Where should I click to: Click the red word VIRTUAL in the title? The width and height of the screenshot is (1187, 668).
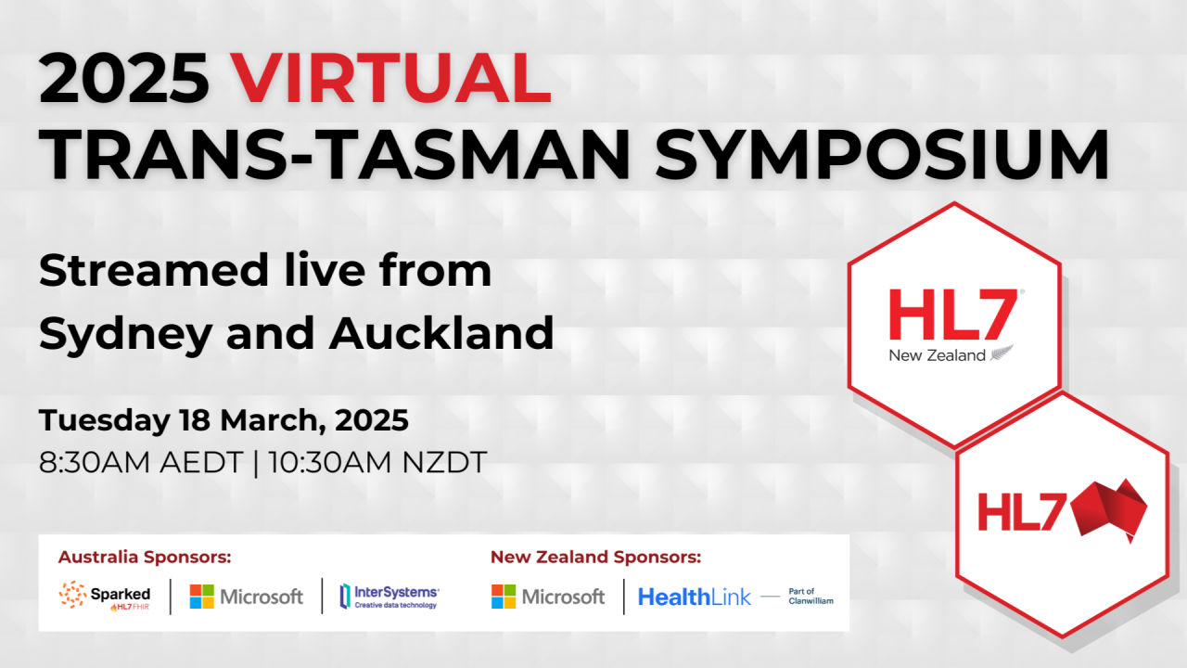click(x=391, y=78)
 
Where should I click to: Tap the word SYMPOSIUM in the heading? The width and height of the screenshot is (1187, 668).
click(x=882, y=154)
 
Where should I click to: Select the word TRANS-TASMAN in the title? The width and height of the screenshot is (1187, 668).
click(x=334, y=154)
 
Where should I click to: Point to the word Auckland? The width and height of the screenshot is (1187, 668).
click(x=441, y=332)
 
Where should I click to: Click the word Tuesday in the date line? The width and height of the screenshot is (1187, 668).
click(x=105, y=420)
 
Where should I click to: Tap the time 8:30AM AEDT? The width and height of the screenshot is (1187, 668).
click(x=141, y=462)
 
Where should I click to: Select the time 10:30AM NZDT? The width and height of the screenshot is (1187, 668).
click(x=377, y=462)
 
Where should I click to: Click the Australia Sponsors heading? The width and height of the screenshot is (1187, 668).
click(x=145, y=558)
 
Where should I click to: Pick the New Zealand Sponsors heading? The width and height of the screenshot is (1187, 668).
click(x=595, y=558)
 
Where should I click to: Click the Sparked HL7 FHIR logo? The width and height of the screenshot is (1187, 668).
click(x=105, y=596)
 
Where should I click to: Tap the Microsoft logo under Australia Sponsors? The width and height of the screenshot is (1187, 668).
click(x=247, y=597)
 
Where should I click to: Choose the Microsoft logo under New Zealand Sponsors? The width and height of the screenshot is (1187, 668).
click(x=548, y=597)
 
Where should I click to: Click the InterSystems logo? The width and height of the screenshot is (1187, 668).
click(x=389, y=597)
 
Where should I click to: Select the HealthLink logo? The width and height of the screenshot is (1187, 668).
click(x=695, y=597)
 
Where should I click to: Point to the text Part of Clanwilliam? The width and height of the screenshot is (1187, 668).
click(x=810, y=596)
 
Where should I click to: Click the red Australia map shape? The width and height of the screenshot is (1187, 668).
click(x=1108, y=510)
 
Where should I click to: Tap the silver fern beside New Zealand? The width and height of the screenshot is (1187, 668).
click(x=1002, y=353)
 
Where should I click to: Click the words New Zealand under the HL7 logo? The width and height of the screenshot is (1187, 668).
click(x=937, y=355)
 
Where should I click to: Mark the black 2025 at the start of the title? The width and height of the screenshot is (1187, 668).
click(x=124, y=78)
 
